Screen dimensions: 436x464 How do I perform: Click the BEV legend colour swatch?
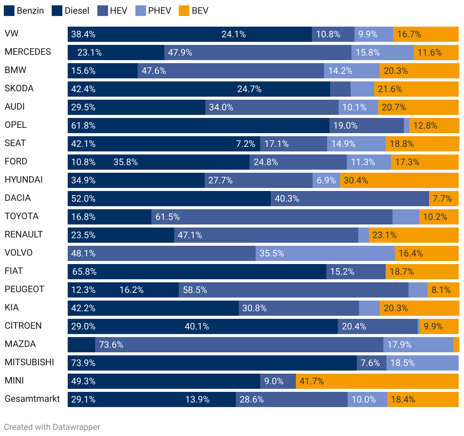(x=184, y=11)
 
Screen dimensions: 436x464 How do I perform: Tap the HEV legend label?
(x=118, y=11)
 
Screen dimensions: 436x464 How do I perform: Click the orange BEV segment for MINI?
(x=377, y=381)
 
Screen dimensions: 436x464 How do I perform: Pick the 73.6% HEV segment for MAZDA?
(x=239, y=345)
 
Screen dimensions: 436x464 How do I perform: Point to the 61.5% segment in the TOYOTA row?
(x=272, y=217)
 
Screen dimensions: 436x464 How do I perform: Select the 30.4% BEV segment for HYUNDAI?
(x=399, y=180)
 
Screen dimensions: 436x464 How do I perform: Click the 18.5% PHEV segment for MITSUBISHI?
(x=422, y=363)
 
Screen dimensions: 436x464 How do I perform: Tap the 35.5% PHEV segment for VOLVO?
(x=325, y=253)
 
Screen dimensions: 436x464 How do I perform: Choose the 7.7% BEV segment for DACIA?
(x=443, y=199)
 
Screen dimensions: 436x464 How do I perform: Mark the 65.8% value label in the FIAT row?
(x=84, y=272)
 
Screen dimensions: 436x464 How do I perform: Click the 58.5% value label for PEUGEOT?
(x=195, y=290)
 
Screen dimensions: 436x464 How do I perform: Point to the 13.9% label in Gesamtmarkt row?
(x=197, y=399)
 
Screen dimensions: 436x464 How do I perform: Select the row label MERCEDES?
(x=28, y=52)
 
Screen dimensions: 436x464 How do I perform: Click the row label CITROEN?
(x=23, y=326)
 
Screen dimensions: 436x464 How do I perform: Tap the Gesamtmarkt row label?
(x=32, y=399)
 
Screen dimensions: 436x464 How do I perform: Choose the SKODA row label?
(x=19, y=88)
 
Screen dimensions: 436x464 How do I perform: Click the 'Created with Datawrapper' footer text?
(x=52, y=427)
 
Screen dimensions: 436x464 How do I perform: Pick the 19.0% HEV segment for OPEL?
(x=366, y=126)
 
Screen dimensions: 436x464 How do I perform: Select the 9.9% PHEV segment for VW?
(x=373, y=34)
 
